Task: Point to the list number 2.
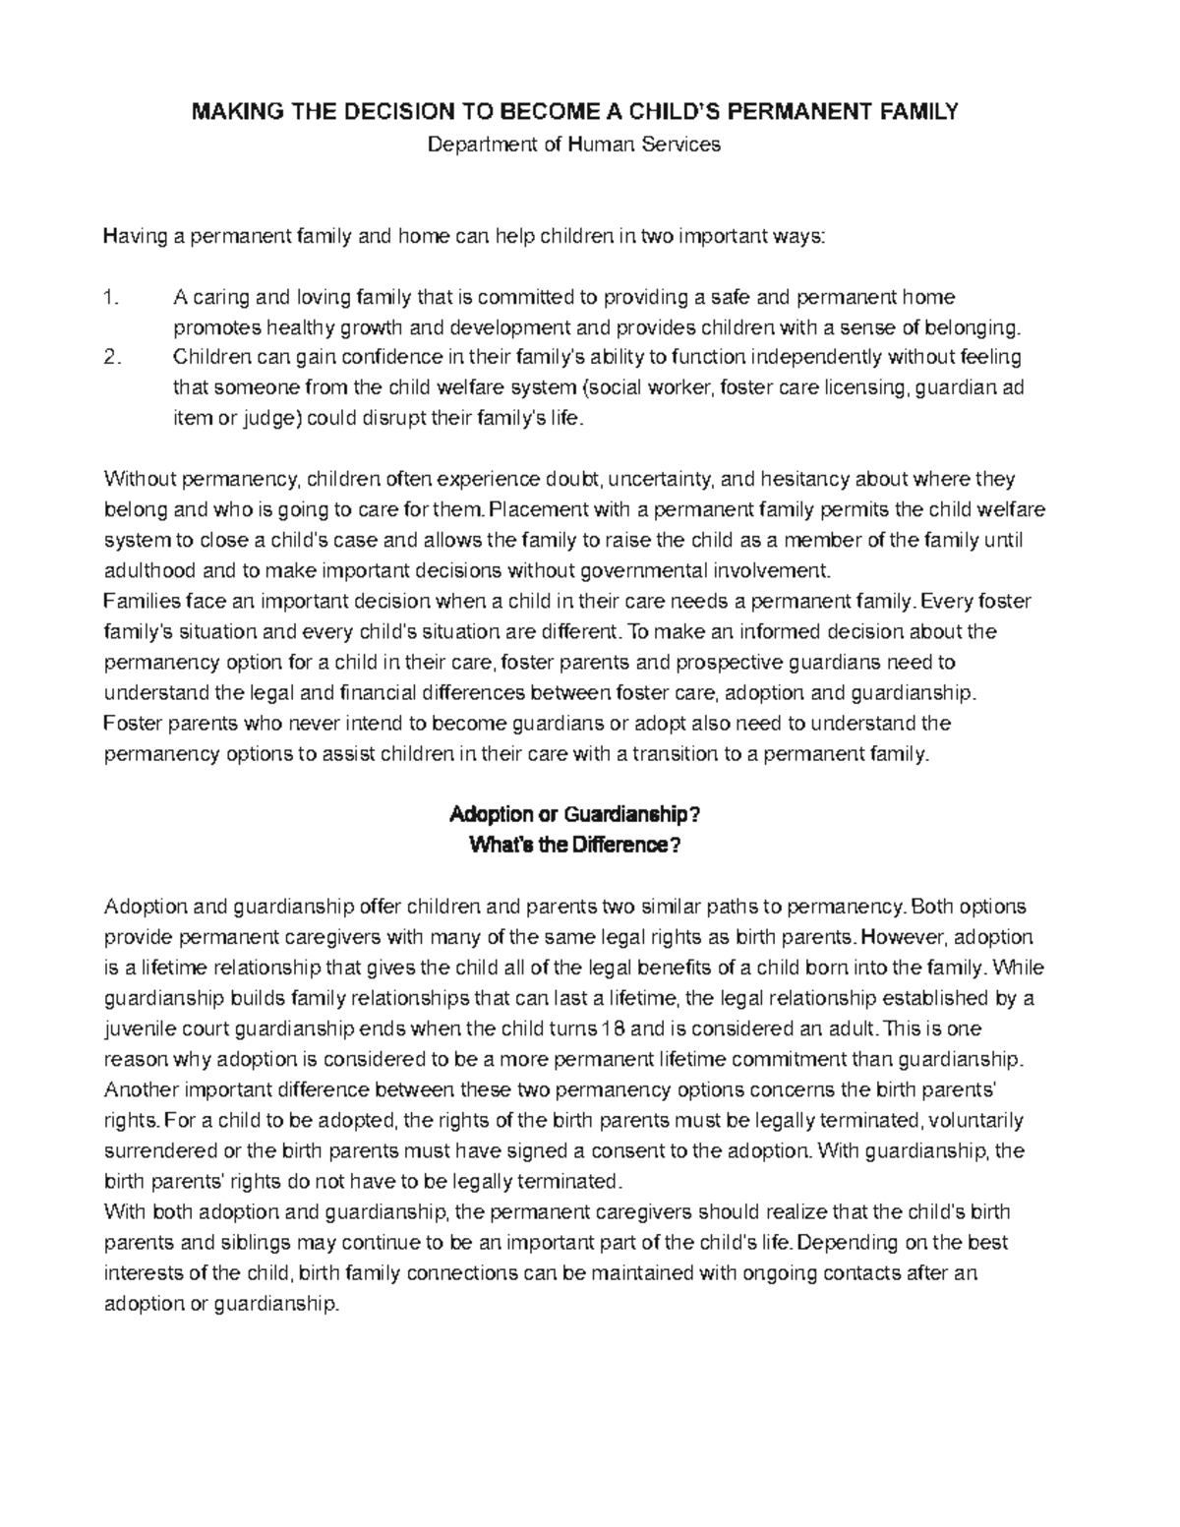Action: [x=112, y=357]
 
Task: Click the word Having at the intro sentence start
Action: [x=133, y=237]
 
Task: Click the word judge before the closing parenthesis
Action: [x=268, y=418]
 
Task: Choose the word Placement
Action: [x=531, y=509]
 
